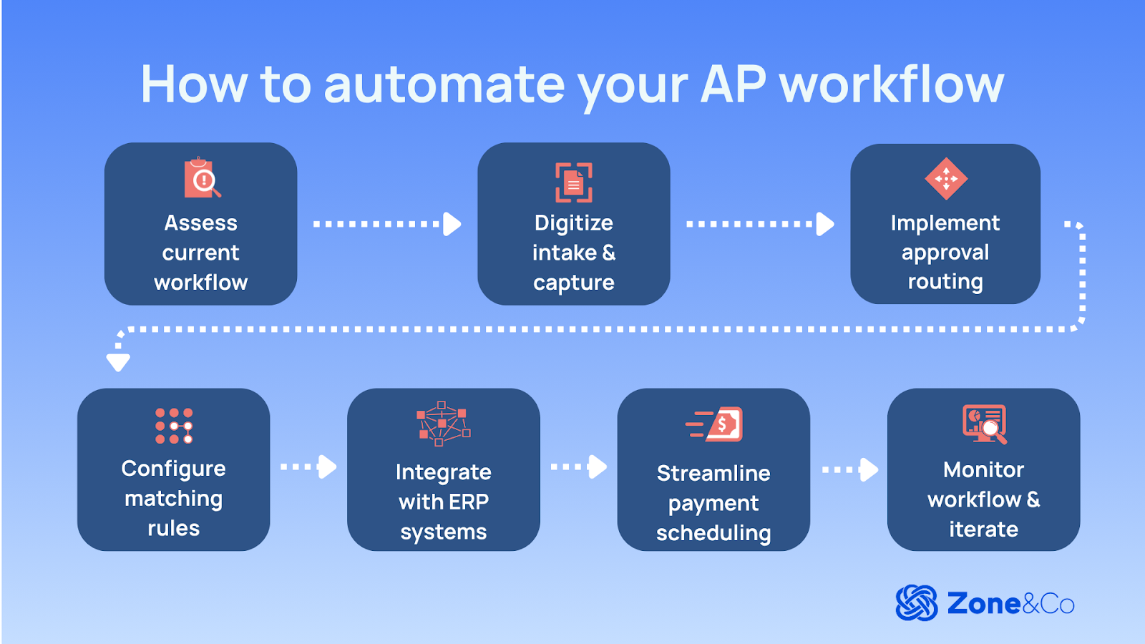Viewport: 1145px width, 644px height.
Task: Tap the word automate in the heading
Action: pyautogui.click(x=444, y=84)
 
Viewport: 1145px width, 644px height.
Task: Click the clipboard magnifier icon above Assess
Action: pyautogui.click(x=202, y=177)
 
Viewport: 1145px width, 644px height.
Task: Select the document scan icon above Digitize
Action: pyautogui.click(x=574, y=182)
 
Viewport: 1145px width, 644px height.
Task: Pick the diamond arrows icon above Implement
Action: pyautogui.click(x=945, y=179)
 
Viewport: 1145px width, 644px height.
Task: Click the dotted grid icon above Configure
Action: pyautogui.click(x=174, y=426)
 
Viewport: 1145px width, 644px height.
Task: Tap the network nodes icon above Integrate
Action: pyautogui.click(x=444, y=424)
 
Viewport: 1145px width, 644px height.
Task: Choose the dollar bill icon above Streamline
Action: pyautogui.click(x=715, y=424)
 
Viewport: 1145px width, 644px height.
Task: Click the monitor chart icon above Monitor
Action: pyautogui.click(x=985, y=424)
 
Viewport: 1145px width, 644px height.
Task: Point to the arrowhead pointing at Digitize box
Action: pyautogui.click(x=452, y=224)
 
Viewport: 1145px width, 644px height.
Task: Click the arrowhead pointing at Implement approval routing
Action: pyautogui.click(x=825, y=224)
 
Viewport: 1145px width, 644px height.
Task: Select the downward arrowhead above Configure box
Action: pyautogui.click(x=118, y=362)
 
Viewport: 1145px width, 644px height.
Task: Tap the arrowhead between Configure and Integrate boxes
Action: pyautogui.click(x=328, y=467)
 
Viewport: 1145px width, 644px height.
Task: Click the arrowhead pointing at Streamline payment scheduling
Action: pyautogui.click(x=598, y=467)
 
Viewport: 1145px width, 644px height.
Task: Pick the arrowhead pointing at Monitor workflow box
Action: pyautogui.click(x=869, y=469)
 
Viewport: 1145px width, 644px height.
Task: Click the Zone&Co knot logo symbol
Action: pyautogui.click(x=917, y=603)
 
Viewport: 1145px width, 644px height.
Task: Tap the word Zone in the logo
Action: pyautogui.click(x=984, y=604)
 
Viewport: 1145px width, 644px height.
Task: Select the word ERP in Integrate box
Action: pyautogui.click(x=468, y=502)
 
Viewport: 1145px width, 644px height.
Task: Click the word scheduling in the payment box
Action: pyautogui.click(x=713, y=533)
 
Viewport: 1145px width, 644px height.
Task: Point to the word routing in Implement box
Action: pyautogui.click(x=945, y=282)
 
